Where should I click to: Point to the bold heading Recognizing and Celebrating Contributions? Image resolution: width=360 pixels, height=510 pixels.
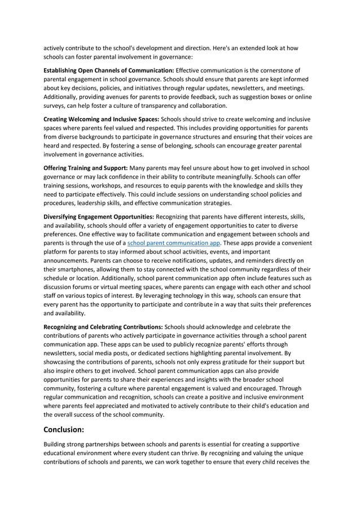[x=103, y=326]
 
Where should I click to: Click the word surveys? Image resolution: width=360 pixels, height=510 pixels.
[x=55, y=105]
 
